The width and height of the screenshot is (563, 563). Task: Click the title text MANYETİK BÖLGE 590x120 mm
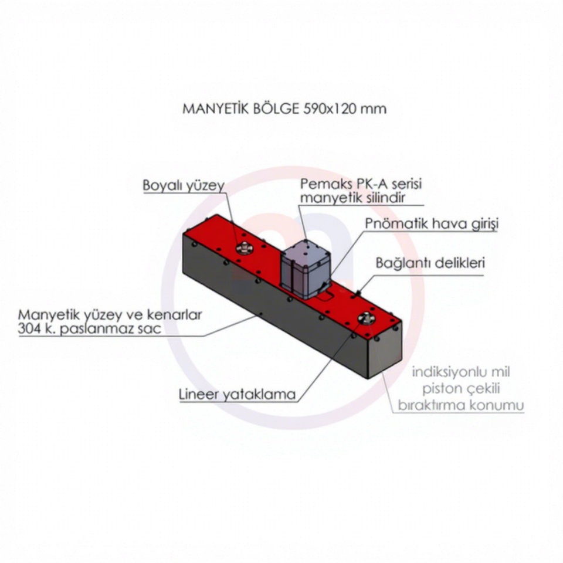284,108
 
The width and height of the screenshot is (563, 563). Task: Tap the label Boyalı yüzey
184,185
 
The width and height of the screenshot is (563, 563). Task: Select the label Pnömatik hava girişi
432,223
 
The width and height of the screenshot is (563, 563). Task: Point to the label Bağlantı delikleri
430,263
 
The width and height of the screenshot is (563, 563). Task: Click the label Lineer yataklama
237,394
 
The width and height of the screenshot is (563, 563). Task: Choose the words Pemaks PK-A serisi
361,184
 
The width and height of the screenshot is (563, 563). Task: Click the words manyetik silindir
352,198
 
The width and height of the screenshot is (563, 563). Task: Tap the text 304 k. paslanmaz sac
89,329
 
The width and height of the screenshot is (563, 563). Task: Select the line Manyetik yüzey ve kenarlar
110,315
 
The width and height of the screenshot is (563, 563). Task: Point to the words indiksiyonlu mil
461,372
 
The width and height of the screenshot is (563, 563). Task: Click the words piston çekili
461,388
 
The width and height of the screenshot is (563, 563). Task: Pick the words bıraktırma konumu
461,405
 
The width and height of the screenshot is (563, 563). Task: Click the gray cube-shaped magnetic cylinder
305,269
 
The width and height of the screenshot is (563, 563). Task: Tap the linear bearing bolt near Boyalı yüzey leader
244,247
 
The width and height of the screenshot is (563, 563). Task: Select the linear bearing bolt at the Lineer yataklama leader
367,318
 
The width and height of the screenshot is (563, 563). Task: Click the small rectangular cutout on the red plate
324,295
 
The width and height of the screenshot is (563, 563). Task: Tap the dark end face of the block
385,349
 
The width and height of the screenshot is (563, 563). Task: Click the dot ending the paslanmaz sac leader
261,314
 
